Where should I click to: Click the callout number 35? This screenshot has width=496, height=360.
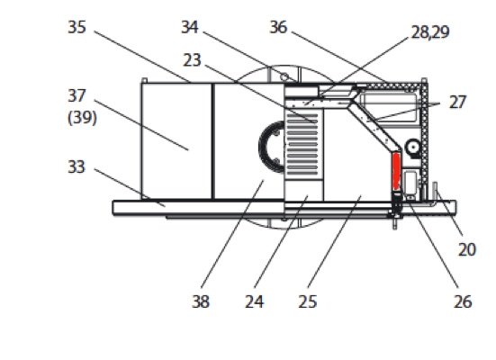tap(77, 27)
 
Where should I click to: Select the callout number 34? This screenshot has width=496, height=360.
tap(190, 27)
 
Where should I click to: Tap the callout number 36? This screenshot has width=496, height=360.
tap(278, 27)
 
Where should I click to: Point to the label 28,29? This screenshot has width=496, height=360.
tap(430, 32)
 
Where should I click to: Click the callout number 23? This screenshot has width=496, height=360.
tap(192, 60)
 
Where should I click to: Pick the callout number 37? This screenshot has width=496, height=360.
tap(77, 95)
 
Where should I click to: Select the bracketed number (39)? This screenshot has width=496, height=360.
tap(82, 118)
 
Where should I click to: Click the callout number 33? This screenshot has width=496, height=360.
tap(77, 166)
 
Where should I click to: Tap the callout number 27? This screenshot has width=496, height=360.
tap(457, 103)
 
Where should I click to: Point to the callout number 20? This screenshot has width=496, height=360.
tap(467, 249)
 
